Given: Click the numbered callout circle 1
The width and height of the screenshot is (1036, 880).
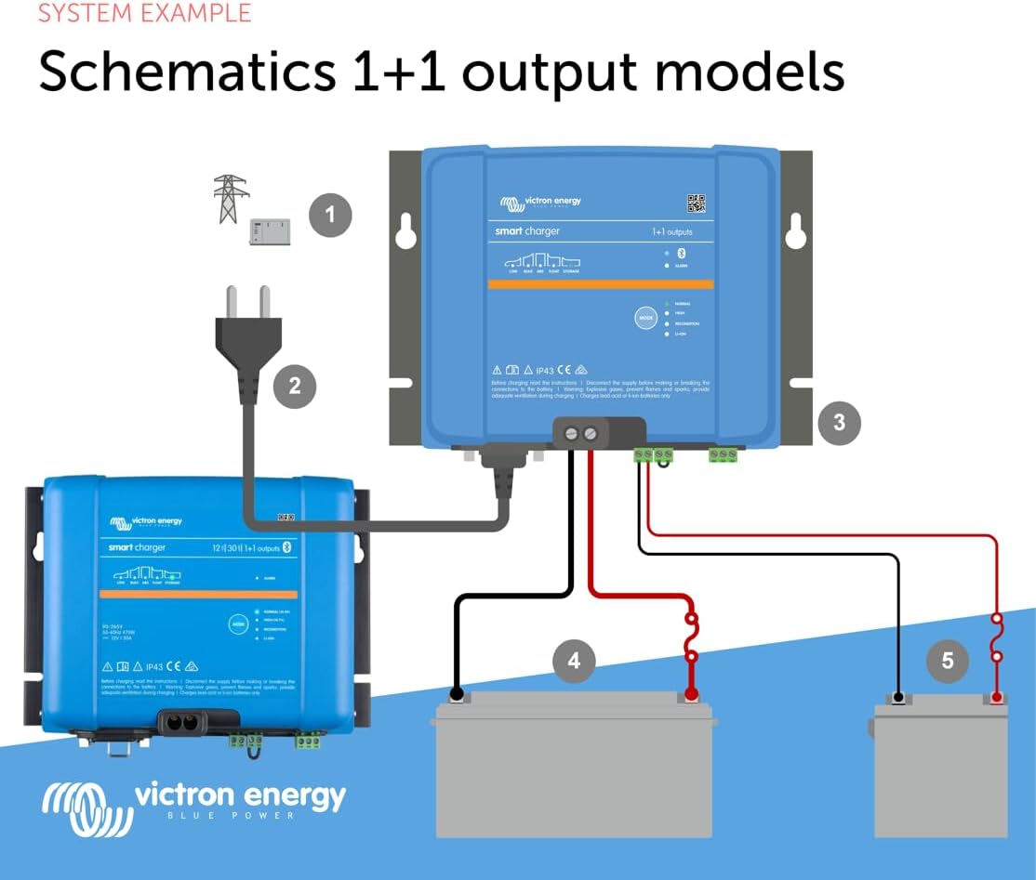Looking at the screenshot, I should click(x=329, y=216).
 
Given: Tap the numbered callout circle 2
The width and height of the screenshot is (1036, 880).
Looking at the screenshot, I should click(x=295, y=386).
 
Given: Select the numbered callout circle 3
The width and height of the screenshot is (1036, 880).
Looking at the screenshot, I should click(x=839, y=423).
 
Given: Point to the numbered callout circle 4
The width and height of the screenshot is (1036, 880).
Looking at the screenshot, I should click(x=574, y=661).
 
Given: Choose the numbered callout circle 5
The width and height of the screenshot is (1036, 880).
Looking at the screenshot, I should click(x=948, y=661).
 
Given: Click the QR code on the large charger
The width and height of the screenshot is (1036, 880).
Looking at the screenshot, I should click(x=696, y=204).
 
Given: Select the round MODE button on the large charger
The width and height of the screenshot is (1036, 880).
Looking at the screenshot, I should click(x=645, y=318).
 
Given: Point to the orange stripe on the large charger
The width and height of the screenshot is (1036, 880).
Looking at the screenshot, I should click(x=601, y=284).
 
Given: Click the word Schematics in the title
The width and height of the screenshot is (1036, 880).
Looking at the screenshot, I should click(x=187, y=71).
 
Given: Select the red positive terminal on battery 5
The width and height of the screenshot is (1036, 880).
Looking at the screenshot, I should click(x=996, y=695).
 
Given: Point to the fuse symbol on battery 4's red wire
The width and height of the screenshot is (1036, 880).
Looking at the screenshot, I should click(x=691, y=637).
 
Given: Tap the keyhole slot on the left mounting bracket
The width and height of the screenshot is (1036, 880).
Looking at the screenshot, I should click(x=405, y=232).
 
